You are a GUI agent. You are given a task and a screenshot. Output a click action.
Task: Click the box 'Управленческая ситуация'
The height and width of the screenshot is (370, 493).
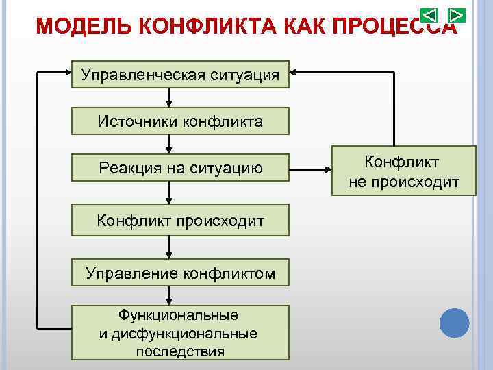pyautogui.click(x=181, y=74)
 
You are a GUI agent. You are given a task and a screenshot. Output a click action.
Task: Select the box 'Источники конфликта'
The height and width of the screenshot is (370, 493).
pyautogui.click(x=181, y=121)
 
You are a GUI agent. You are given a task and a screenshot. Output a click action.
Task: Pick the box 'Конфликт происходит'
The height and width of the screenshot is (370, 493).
pyautogui.click(x=181, y=220)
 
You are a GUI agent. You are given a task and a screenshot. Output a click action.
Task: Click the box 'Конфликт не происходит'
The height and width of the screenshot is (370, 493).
pyautogui.click(x=403, y=171)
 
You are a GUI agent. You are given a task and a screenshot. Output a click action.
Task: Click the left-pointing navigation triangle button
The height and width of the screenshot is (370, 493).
pyautogui.click(x=429, y=15)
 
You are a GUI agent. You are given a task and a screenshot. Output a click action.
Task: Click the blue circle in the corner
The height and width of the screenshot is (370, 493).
pyautogui.click(x=454, y=323)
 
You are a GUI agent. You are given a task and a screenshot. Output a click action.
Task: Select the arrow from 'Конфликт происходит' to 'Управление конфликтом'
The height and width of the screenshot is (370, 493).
pyautogui.click(x=168, y=247)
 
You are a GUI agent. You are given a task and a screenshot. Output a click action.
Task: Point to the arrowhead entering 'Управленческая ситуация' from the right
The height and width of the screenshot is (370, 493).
pyautogui.click(x=295, y=71)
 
